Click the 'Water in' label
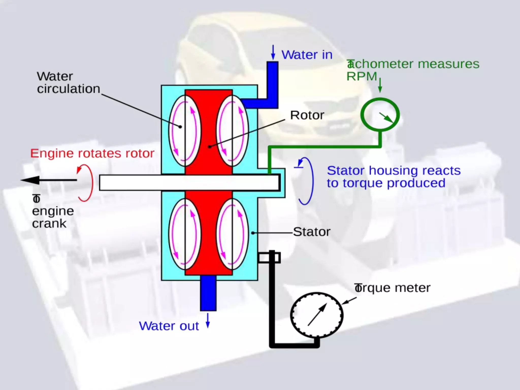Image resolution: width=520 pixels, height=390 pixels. click(307, 55)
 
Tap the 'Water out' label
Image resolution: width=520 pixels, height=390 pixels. click(169, 326)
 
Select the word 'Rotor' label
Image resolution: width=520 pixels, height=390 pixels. click(307, 115)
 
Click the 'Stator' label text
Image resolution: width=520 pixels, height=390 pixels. click(312, 232)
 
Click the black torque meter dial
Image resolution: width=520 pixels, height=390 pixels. click(317, 315)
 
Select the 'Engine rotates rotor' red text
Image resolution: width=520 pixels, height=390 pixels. click(92, 153)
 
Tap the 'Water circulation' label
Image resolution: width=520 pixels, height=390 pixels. click(68, 83)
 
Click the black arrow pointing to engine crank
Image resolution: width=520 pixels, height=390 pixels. click(48, 180)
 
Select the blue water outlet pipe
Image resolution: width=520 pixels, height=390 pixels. click(208, 293)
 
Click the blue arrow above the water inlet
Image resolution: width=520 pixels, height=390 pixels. click(273, 52)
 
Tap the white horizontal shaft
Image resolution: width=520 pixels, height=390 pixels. click(189, 183)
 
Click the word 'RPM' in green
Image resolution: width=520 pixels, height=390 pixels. click(362, 76)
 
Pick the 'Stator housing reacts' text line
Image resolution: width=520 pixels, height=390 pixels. click(394, 171)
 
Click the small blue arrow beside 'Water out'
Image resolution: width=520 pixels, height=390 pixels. click(208, 320)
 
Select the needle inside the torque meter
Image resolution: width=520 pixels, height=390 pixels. click(317, 315)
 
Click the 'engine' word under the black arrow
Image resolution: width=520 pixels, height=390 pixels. click(53, 211)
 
